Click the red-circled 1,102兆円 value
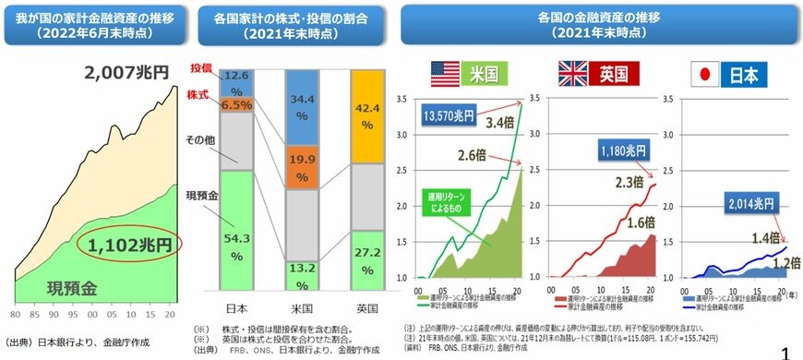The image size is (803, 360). pyautogui.click(x=132, y=245)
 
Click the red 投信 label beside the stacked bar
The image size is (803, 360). pyautogui.click(x=200, y=69)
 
